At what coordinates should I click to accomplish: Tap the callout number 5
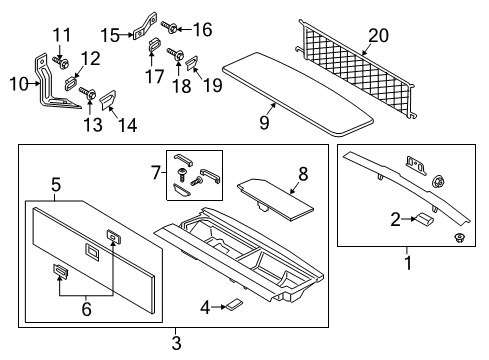[57, 184]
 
